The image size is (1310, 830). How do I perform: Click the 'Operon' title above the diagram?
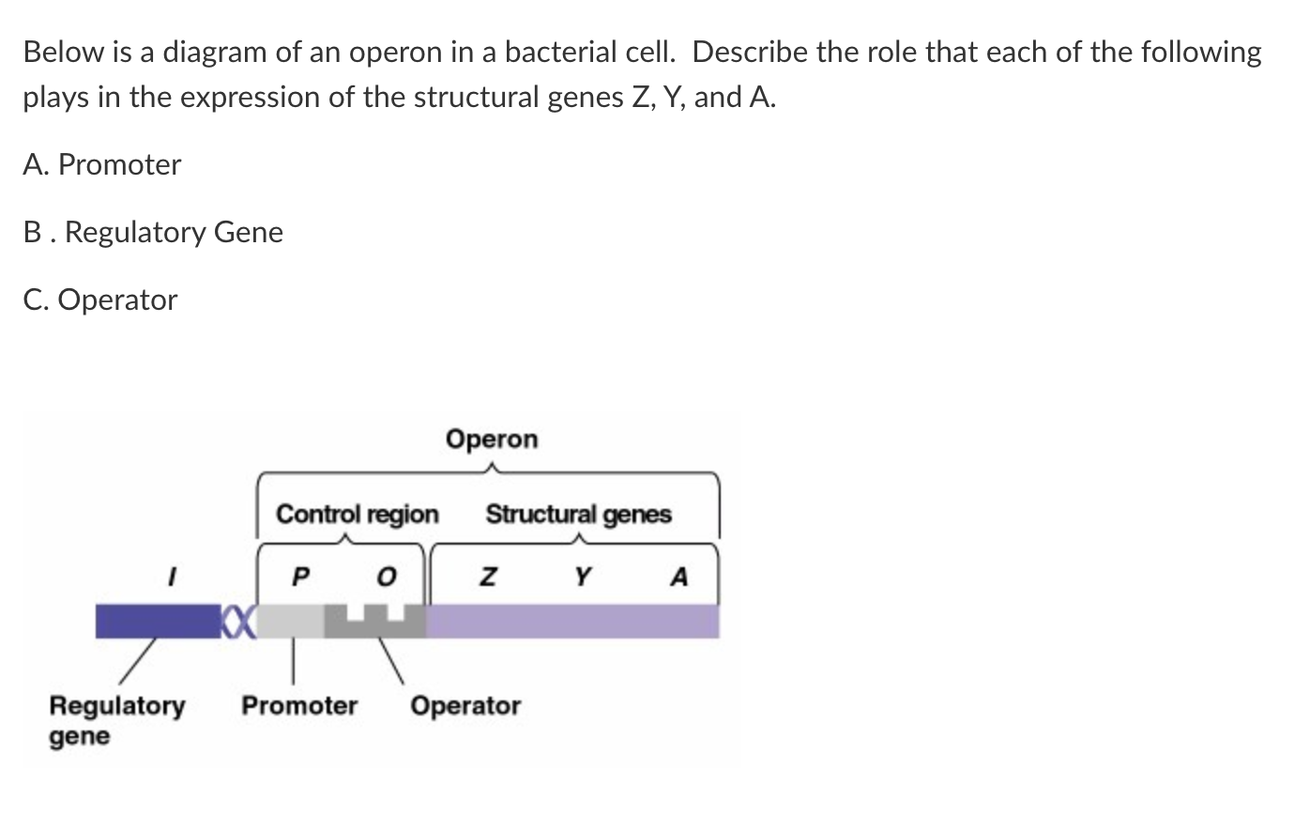[x=492, y=439]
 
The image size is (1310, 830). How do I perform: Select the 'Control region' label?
[x=357, y=515]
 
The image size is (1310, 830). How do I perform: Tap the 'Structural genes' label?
[x=578, y=515]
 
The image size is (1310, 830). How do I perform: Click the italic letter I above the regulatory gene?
[x=171, y=576]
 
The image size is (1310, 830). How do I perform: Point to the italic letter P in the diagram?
[x=299, y=576]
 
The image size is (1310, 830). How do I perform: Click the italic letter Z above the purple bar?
[x=487, y=576]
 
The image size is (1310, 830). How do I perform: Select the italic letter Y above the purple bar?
[x=583, y=576]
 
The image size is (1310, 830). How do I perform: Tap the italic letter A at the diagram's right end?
[x=679, y=576]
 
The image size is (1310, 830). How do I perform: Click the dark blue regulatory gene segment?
[x=157, y=622]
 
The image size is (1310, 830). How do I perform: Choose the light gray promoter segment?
[x=290, y=622]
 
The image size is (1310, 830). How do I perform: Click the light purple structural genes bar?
[x=572, y=622]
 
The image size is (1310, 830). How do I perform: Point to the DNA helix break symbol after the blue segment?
[x=238, y=622]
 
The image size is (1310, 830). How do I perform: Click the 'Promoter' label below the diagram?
[x=299, y=705]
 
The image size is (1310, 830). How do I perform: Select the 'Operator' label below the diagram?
[x=465, y=705]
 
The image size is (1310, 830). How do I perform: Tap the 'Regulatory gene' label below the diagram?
[x=116, y=719]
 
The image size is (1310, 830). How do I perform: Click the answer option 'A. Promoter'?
[x=102, y=165]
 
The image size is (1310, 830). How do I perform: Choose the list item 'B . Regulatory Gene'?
[x=153, y=232]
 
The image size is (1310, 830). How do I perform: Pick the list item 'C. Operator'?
[x=100, y=300]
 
